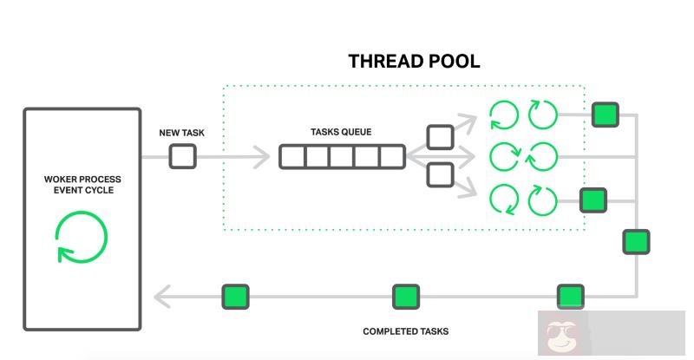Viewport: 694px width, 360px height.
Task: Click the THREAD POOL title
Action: pos(414,61)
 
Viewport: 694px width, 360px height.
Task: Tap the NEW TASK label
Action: pos(181,133)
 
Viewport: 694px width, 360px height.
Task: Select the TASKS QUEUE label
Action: pos(341,132)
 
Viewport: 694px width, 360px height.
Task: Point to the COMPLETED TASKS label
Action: pos(405,331)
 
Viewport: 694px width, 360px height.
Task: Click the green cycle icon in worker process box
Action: pos(82,236)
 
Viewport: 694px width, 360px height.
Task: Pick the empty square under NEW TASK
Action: pos(182,156)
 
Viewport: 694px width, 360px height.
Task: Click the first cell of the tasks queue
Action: pos(291,157)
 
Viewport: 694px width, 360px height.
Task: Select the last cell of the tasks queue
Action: pos(392,157)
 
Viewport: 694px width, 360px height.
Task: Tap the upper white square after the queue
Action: pos(441,137)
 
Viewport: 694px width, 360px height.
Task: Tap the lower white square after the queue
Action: pos(441,174)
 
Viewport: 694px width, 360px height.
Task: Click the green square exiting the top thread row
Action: pos(605,115)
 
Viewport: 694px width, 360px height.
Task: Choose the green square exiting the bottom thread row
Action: pos(593,200)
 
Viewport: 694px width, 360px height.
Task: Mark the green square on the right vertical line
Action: pos(636,241)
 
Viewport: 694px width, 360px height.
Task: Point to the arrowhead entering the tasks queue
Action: pos(261,157)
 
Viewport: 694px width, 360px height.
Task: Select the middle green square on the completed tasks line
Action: pos(406,297)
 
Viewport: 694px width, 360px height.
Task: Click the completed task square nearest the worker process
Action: pos(235,297)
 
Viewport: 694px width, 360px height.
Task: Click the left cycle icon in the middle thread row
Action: pos(504,157)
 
